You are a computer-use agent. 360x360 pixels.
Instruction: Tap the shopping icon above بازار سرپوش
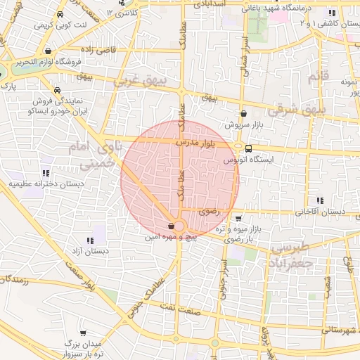pyautogui.click(x=243, y=112)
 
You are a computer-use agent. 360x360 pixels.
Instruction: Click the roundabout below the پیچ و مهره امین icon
pyautogui.click(x=178, y=226)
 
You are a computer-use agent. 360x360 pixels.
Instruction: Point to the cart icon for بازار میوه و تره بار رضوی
pyautogui.click(x=238, y=218)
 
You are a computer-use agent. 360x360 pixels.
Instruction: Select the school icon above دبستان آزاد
pyautogui.click(x=90, y=240)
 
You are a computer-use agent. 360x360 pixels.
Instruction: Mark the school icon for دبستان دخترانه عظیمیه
pyautogui.click(x=46, y=172)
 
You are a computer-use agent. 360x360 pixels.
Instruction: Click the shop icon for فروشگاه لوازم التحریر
pyautogui.click(x=46, y=51)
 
